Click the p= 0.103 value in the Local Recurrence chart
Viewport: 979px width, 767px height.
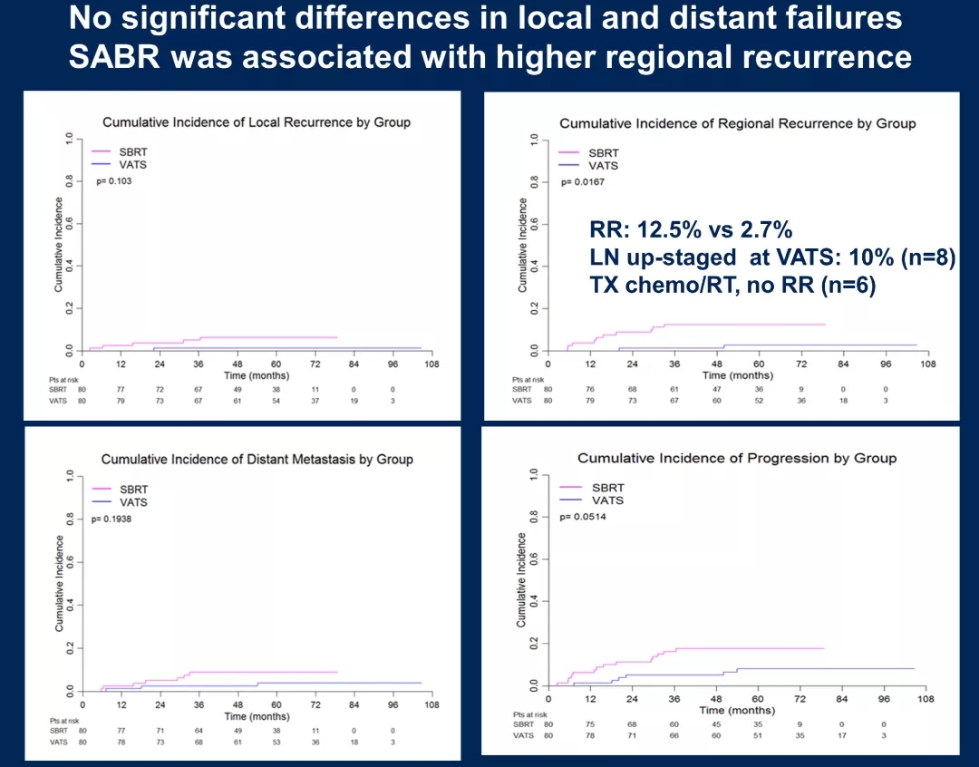pos(114,181)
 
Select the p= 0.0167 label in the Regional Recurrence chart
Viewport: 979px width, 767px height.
pos(583,182)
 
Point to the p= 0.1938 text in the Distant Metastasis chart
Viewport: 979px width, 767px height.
pos(113,519)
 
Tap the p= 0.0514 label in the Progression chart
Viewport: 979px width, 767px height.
pos(583,517)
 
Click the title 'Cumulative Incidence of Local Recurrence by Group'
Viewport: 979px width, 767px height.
pos(257,122)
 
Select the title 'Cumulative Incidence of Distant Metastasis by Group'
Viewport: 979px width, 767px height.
pos(257,460)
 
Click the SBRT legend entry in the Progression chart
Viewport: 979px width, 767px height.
pos(608,488)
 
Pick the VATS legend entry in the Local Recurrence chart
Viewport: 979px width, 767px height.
pos(133,164)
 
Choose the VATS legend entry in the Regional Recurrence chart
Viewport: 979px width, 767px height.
pos(604,166)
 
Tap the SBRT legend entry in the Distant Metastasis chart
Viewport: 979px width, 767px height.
pos(133,490)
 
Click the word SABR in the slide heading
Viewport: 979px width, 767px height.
pos(115,57)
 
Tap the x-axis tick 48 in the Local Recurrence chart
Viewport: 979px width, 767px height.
pos(237,364)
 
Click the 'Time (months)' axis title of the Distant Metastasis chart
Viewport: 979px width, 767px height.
pos(257,716)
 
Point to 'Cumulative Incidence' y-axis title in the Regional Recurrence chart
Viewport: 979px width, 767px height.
pos(523,245)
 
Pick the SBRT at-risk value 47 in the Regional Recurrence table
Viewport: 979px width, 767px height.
pos(716,389)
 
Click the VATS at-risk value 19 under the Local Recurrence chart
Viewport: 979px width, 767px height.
pos(354,400)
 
